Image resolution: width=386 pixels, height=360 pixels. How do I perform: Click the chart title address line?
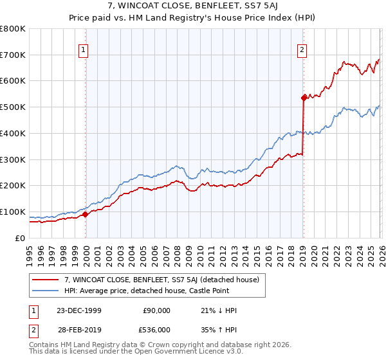192,6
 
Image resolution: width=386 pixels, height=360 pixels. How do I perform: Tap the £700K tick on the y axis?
13,55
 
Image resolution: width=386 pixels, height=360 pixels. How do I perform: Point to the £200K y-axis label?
13,186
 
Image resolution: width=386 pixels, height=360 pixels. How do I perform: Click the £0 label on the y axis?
21,238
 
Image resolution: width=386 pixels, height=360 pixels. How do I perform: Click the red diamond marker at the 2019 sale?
303,98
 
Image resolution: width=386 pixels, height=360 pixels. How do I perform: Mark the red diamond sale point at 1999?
86,215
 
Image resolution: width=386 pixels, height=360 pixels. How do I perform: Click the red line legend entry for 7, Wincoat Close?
161,280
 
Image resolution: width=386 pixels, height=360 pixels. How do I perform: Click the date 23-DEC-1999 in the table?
80,310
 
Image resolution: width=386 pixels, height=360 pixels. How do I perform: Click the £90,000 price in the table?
156,310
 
